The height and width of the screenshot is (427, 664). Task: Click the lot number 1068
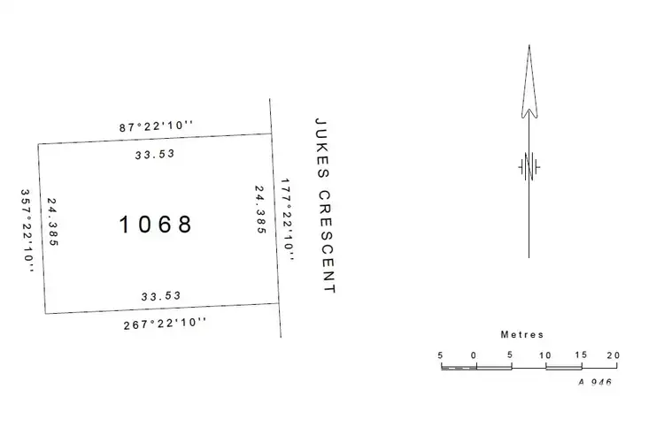(x=156, y=225)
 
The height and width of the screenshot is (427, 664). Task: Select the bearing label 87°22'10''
(x=157, y=127)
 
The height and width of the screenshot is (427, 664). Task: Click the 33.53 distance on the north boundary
(x=155, y=153)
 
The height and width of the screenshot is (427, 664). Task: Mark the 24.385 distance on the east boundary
(x=260, y=209)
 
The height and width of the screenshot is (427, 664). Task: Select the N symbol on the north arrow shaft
(x=529, y=166)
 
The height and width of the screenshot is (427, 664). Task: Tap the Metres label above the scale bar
(x=522, y=335)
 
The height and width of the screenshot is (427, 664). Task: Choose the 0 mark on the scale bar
(x=475, y=355)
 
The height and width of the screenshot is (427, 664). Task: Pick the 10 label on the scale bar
(x=545, y=355)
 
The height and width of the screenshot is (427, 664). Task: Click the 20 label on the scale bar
(x=614, y=355)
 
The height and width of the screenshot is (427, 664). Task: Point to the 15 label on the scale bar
(x=580, y=355)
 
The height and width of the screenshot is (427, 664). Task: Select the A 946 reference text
(x=594, y=382)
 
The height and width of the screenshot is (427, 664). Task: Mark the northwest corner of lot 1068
(x=38, y=145)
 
